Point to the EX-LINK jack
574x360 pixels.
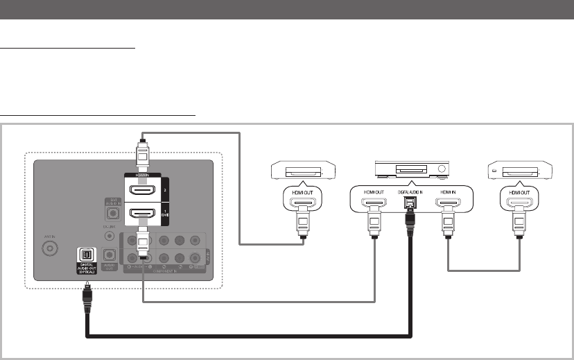click(108, 235)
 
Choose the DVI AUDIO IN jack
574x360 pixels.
click(108, 210)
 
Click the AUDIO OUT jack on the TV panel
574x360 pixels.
click(108, 255)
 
